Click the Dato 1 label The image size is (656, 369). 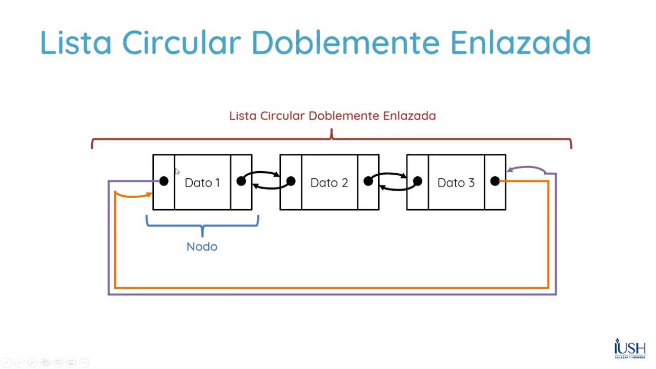point(202,183)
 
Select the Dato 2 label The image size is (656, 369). point(329,183)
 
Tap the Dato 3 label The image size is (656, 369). point(456,183)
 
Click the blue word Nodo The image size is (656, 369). point(202,247)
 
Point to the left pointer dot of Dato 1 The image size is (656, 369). point(163,181)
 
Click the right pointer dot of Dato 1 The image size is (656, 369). point(241,181)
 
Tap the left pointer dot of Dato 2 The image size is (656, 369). point(291,181)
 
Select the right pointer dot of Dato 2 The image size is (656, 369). point(368,181)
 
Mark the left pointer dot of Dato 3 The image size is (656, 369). point(417,181)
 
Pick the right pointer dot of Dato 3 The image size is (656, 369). point(495,181)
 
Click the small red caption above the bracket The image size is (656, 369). point(332,116)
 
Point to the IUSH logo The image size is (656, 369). point(630,349)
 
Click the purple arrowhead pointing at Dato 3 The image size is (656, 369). point(510,170)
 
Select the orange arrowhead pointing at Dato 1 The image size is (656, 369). point(149,194)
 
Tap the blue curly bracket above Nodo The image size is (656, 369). point(202,224)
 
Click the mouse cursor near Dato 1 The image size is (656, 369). point(177,172)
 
